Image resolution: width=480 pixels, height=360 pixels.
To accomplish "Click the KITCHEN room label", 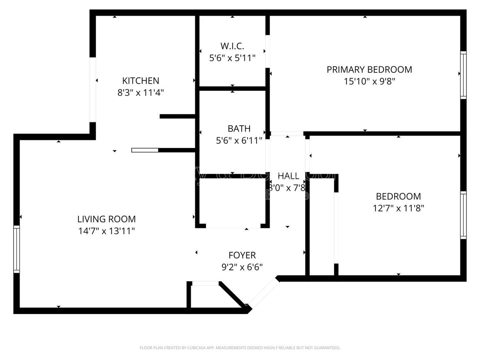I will point(140,81).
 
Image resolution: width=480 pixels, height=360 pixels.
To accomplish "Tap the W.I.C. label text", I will point(232,46).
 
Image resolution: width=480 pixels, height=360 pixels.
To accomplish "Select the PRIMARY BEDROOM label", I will point(369,70).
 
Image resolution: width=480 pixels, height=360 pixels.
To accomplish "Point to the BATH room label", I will point(239,128).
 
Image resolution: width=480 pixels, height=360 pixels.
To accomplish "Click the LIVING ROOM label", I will point(106,219).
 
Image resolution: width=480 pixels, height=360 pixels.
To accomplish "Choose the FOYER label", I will point(242,255).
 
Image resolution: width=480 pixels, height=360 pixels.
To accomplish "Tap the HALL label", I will point(288,176).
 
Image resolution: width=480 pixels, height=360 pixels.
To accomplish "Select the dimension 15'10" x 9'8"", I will point(369,82).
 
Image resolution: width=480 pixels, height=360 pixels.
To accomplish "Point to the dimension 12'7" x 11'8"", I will point(398,208).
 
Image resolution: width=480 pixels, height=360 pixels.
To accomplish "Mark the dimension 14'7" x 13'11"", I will point(106,231).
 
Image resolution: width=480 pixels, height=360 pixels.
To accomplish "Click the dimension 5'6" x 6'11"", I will point(239,140).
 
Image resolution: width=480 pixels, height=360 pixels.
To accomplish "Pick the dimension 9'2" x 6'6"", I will point(242,267).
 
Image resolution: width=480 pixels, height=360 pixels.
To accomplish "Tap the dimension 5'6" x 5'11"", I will point(232,58).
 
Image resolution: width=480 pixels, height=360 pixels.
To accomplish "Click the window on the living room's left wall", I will point(16,249).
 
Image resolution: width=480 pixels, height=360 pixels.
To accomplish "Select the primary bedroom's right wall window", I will point(463,75).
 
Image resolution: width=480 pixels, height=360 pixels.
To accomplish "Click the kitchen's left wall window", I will point(92,89).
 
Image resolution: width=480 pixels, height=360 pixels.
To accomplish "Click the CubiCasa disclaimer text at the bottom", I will point(240,348).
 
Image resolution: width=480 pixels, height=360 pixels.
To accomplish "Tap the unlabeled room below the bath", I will point(232,202).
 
